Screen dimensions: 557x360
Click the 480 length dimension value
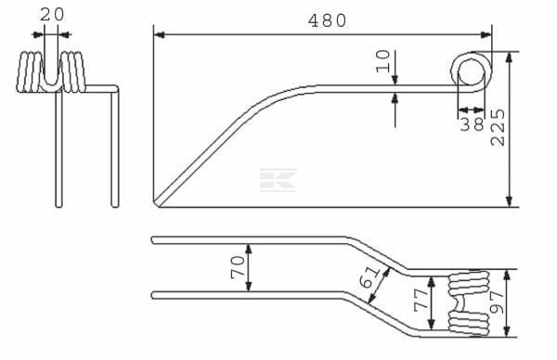click(327, 21)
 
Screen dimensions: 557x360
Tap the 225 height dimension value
click(498, 127)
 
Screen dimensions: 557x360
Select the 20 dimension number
click(52, 15)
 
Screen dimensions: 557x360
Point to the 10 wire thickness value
click(382, 61)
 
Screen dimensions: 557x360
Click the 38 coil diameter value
click(473, 124)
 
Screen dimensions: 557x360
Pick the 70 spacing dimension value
click(238, 267)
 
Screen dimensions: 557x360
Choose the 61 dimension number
click(369, 277)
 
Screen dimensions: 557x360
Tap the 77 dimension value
click(421, 301)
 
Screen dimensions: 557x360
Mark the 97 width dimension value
click(497, 302)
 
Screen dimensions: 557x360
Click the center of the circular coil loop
click(471, 71)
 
